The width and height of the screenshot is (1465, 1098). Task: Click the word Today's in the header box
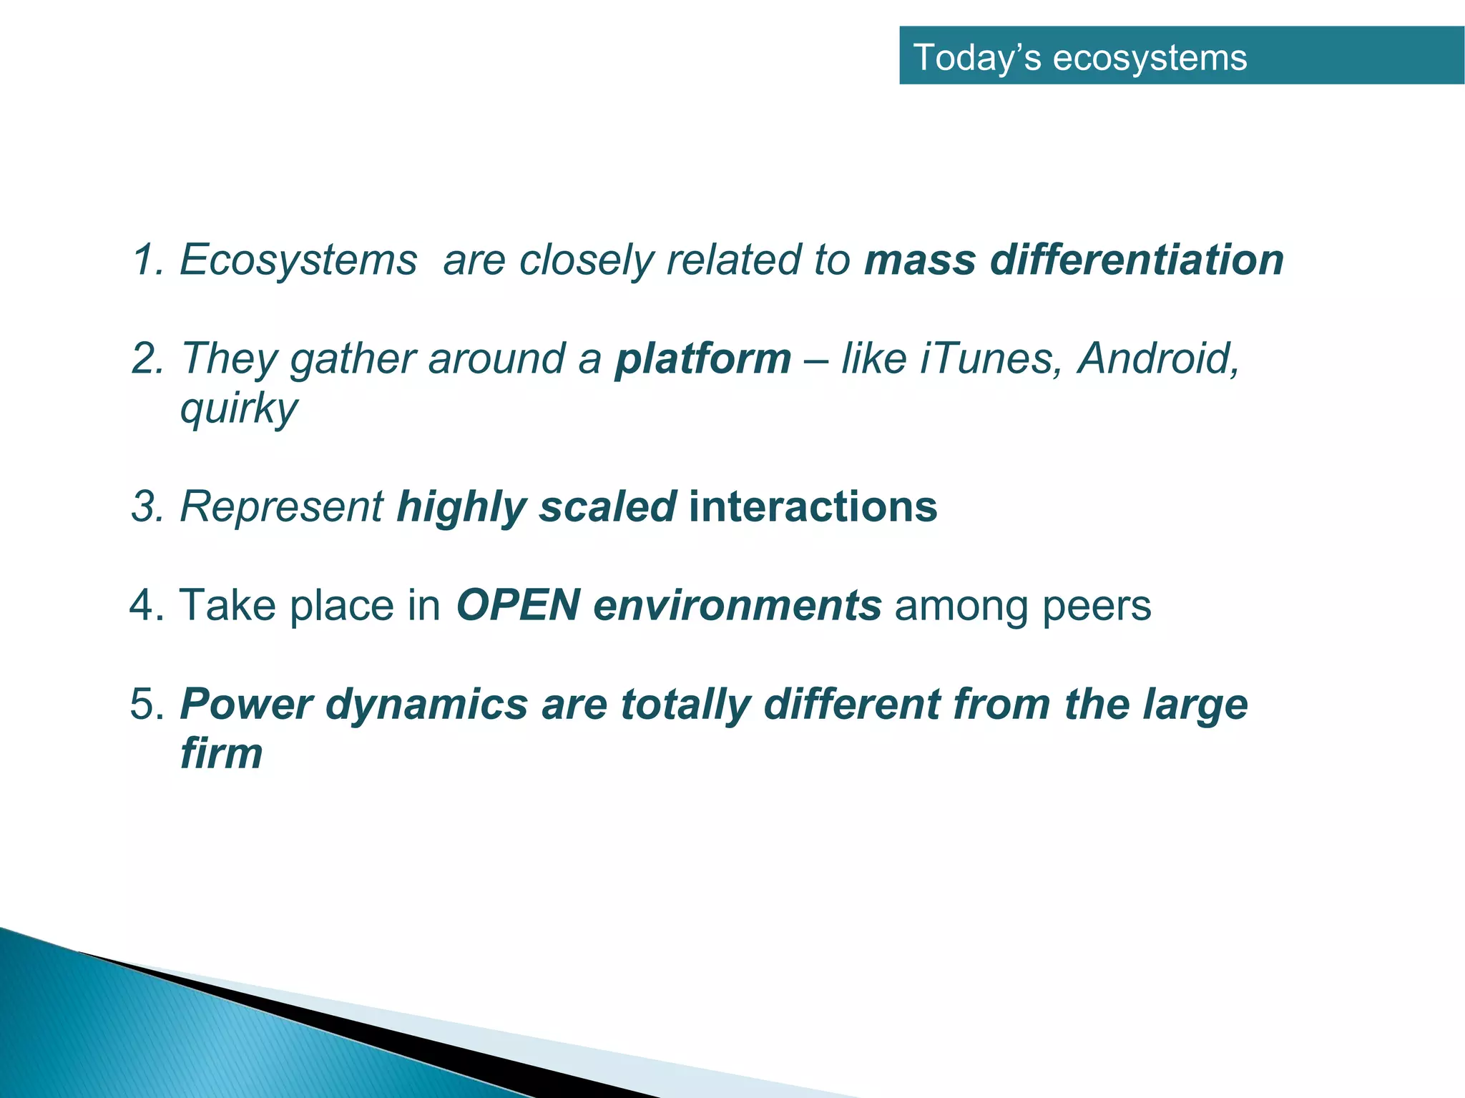977,57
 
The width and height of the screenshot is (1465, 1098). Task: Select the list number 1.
146,259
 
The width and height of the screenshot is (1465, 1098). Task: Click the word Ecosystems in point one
298,259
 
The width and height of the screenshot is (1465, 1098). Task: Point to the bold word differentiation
1137,259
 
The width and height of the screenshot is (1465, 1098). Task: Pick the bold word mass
920,260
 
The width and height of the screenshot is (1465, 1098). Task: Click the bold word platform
702,359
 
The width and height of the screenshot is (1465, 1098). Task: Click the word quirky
239,409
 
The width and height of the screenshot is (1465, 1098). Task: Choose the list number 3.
146,506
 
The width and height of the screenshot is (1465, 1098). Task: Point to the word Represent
281,506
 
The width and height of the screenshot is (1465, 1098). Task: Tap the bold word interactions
813,506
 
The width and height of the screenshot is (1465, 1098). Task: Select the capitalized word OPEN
518,605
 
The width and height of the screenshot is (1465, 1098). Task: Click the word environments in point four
737,607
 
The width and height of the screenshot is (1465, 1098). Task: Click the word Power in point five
246,704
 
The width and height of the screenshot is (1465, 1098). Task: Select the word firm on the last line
222,753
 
